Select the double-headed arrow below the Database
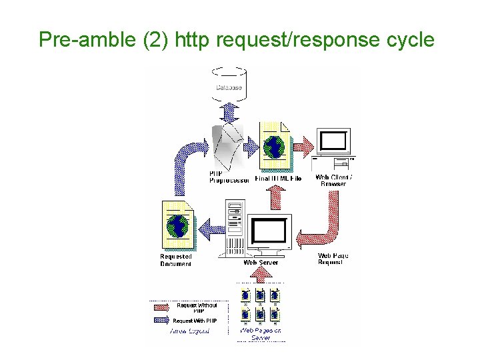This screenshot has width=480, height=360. pos(229,111)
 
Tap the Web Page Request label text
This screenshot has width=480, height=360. pos(333,259)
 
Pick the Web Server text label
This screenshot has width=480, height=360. pos(261,263)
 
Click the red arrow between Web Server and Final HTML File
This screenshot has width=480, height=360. pos(276,197)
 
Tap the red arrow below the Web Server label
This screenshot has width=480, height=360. pos(261,274)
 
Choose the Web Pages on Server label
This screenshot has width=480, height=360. pos(261,333)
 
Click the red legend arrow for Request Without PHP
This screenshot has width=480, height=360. pos(163,307)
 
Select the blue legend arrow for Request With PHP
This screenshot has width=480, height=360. pos(163,321)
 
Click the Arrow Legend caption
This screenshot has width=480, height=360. pos(189,331)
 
